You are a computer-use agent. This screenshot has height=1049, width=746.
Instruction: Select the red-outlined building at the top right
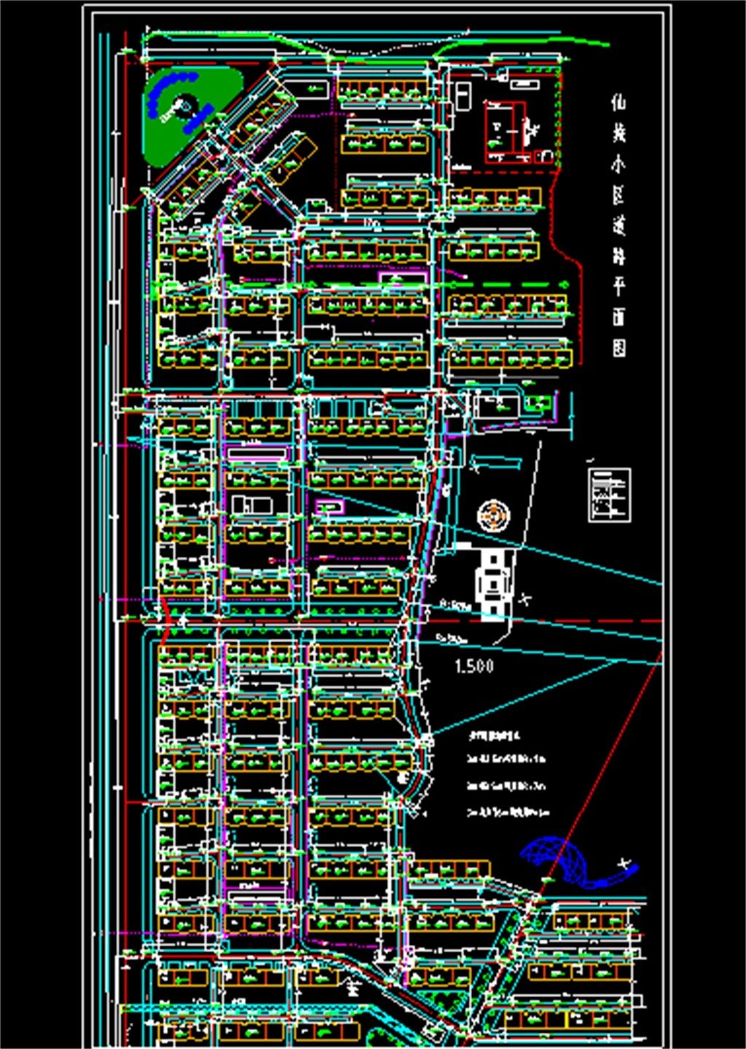[x=505, y=131]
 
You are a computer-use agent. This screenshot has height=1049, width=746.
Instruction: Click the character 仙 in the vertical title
[x=619, y=101]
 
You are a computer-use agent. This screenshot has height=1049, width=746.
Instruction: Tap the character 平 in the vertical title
[x=619, y=285]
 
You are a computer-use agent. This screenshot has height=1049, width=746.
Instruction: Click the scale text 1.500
[x=474, y=666]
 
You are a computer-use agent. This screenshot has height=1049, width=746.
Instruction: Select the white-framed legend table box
[x=609, y=495]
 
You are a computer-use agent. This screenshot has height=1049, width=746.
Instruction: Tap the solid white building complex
[x=494, y=581]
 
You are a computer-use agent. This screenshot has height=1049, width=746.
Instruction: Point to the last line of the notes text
[x=509, y=811]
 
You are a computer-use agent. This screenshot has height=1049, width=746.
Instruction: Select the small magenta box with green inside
[x=329, y=506]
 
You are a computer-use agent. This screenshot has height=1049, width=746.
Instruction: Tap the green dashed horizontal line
[x=510, y=285]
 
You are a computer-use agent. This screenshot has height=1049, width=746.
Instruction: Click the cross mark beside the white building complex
[x=527, y=599]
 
